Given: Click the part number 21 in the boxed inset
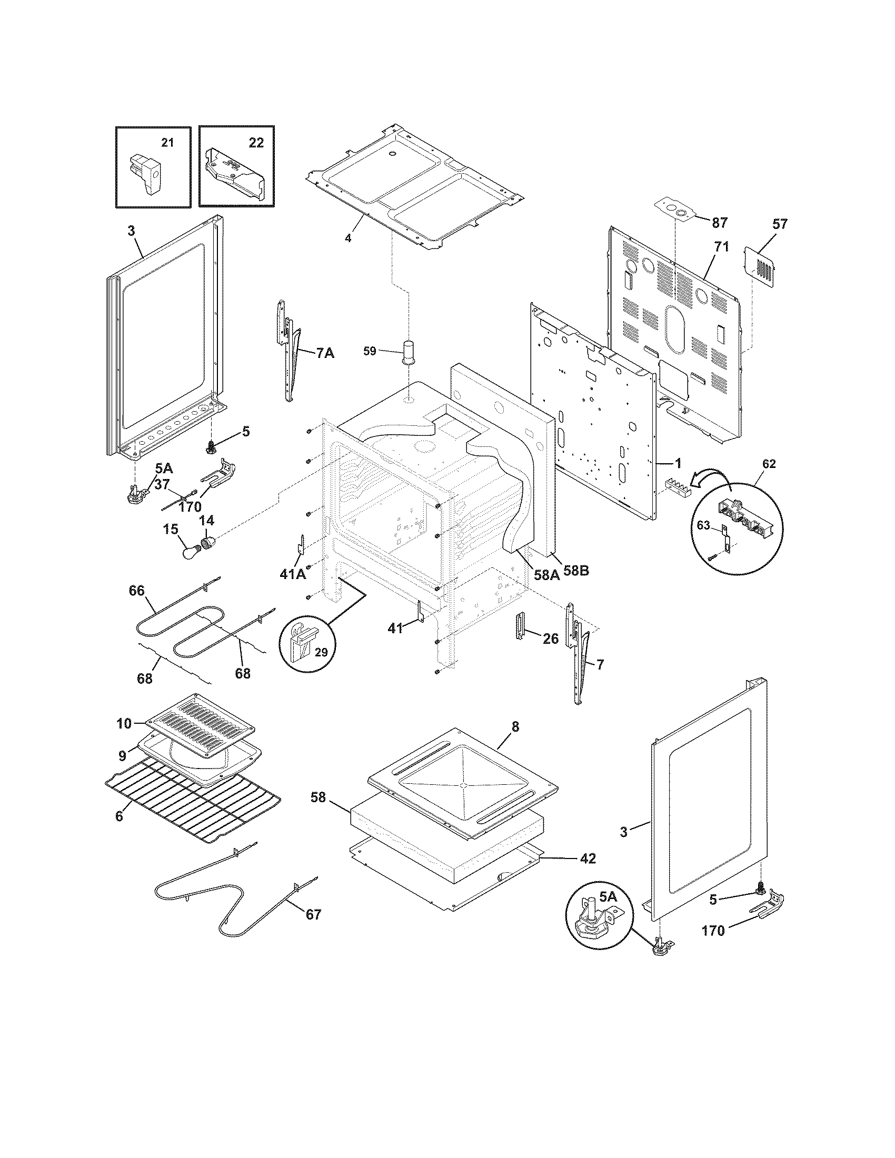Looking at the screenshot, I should coord(167,143).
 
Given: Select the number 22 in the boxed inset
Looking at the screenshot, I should coord(256,143).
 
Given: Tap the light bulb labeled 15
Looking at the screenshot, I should coord(188,552).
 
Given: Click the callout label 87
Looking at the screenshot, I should coord(719,223).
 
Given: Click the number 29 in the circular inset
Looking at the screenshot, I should coord(321,652).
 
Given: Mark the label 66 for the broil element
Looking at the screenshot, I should coord(137,590).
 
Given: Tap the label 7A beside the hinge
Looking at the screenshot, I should coord(325,353).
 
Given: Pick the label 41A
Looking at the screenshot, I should coord(292,573).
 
